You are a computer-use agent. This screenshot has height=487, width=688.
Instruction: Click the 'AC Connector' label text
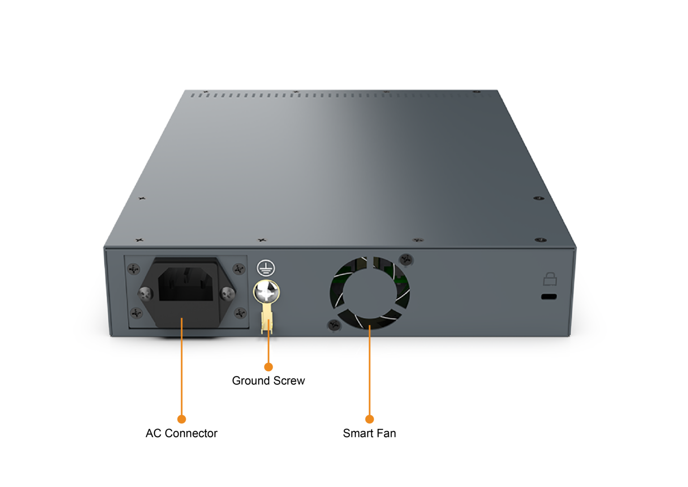(x=181, y=433)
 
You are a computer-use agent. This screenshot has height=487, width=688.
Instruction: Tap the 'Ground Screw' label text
(x=268, y=381)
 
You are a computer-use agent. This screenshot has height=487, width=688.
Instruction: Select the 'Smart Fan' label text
(x=369, y=433)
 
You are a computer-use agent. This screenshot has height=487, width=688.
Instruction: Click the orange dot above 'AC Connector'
(x=181, y=419)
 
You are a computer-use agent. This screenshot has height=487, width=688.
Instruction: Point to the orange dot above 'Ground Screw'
(x=268, y=367)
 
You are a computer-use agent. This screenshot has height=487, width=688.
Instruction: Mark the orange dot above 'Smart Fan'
(x=369, y=419)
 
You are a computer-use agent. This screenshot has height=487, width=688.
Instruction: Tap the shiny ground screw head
(x=267, y=292)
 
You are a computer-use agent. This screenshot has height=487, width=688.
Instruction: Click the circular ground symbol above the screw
(x=266, y=268)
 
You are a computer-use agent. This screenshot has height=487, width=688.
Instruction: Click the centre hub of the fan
(x=370, y=292)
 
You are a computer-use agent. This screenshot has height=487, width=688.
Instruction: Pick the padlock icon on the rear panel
(x=550, y=279)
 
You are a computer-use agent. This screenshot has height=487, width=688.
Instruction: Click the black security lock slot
(x=549, y=296)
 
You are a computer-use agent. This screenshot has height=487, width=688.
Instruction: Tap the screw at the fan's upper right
(x=406, y=259)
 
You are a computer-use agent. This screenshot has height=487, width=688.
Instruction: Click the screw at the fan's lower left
(x=334, y=325)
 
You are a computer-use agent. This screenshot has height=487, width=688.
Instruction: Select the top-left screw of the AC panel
(x=133, y=269)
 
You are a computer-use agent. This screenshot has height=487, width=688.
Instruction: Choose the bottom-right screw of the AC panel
(x=240, y=313)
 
